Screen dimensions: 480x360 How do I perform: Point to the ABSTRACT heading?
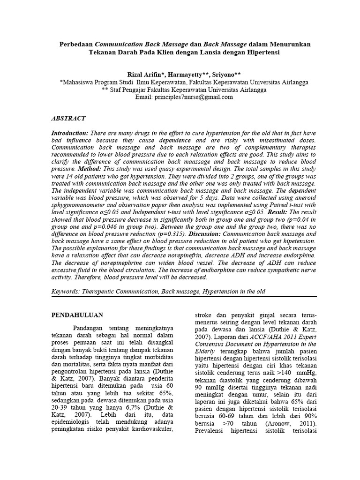tap(68, 119)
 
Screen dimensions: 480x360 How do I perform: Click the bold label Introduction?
tap(69, 134)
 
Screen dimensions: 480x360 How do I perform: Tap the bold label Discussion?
tap(204, 233)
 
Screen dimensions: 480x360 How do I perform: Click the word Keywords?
tap(65, 291)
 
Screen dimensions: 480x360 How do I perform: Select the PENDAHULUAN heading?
tap(77, 315)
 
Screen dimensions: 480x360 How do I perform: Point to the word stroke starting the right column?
tap(203, 315)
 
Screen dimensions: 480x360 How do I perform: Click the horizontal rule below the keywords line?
tap(184, 297)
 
